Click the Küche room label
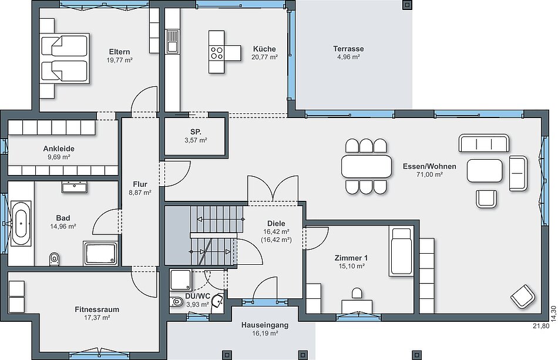pos(264,49)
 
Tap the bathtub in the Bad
pos(21,223)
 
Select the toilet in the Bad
pos(55,258)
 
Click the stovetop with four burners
pos(217,53)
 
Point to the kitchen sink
pos(173,41)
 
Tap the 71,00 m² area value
pos(429,174)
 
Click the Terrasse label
pos(348,49)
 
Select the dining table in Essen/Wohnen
pos(367,166)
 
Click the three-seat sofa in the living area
pos(484,143)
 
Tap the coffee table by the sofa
pos(485,171)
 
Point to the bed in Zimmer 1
pos(401,251)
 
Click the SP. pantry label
pos(196,132)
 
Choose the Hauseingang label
pos(265,325)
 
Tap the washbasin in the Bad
pos(75,187)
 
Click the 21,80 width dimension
pos(541,325)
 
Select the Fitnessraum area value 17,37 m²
pos(97,317)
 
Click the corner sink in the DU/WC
pos(217,301)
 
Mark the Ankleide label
pos(59,149)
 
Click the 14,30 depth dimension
pos(553,314)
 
